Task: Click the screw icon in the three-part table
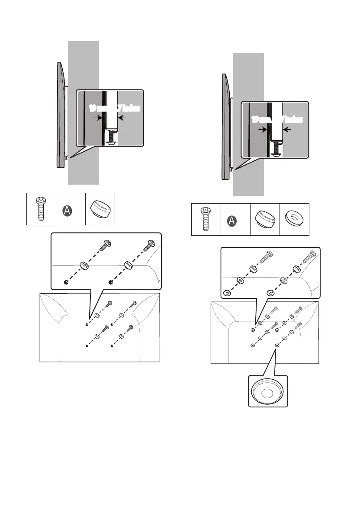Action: pyautogui.click(x=41, y=209)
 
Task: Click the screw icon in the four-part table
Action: pyautogui.click(x=206, y=219)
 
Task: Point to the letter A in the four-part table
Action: pyautogui.click(x=235, y=221)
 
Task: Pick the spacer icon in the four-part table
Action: pyautogui.click(x=264, y=219)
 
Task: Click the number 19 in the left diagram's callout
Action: pyautogui.click(x=93, y=108)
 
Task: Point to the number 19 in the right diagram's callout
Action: pyautogui.click(x=256, y=119)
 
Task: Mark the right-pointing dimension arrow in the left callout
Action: pyautogui.click(x=99, y=117)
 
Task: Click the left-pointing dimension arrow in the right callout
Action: pyautogui.click(x=288, y=129)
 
